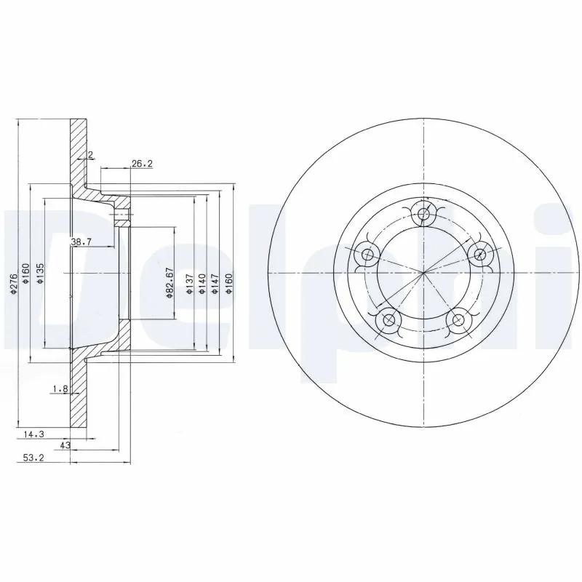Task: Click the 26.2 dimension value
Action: pos(141,164)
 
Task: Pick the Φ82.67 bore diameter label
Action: pos(168,284)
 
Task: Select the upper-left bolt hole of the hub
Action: pos(367,255)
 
